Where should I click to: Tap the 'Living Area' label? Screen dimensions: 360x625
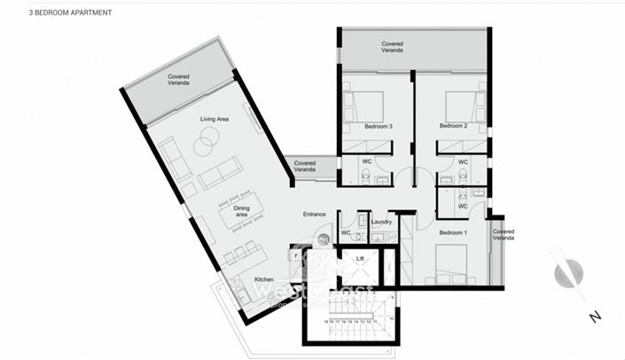pos(214,119)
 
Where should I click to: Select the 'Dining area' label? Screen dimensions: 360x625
pos(241,211)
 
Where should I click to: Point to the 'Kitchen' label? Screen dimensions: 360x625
pos(264,279)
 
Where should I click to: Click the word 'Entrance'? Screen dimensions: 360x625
pos(315,214)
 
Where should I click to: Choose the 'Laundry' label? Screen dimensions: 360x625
pos(382,223)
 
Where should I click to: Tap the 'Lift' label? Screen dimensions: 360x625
pos(359,258)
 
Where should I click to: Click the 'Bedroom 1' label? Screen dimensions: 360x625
pos(453,232)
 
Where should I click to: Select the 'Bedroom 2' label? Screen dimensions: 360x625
pos(453,126)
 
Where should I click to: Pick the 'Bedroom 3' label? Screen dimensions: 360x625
pos(378,126)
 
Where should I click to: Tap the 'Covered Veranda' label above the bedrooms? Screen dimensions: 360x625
pos(393,47)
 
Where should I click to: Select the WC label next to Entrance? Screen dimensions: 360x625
pos(346,233)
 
